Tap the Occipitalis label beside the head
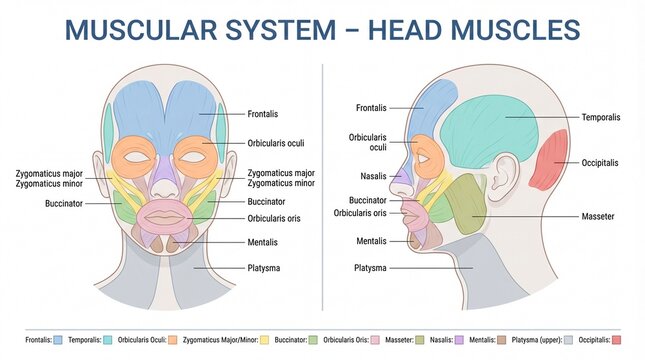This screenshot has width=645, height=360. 602,162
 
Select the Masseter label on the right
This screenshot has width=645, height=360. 598,216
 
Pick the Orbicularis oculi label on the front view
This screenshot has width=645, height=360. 276,143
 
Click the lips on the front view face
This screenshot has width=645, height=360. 166,215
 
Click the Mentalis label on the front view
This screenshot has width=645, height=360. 263,242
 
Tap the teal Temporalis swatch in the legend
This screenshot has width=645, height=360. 107,341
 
